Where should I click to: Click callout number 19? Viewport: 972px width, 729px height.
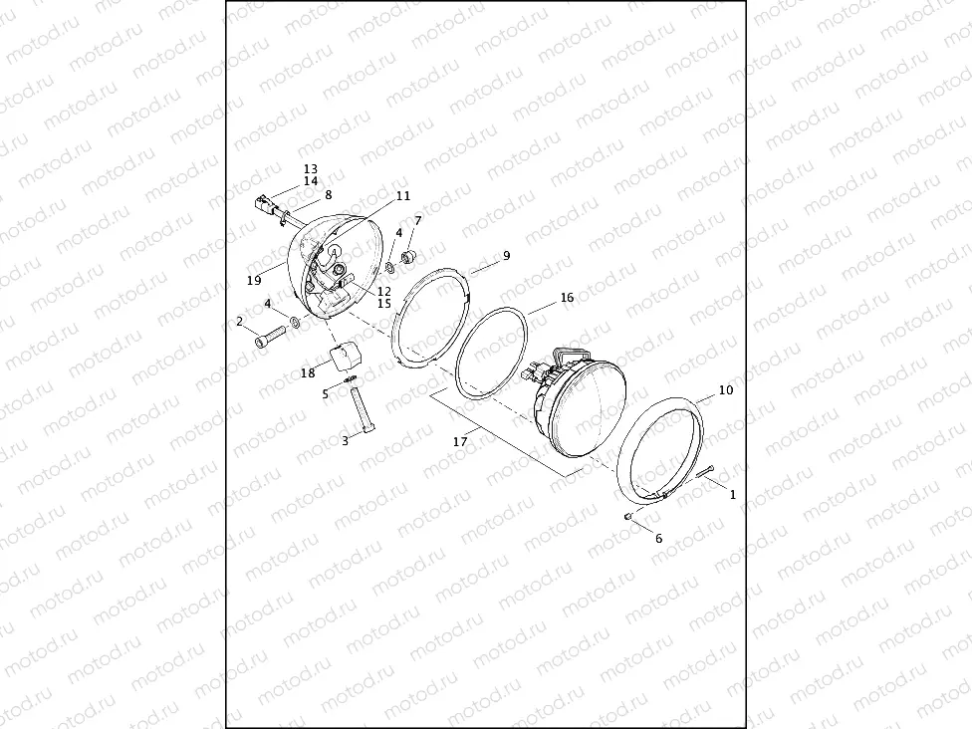click(254, 281)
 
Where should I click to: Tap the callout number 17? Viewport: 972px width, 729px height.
click(459, 442)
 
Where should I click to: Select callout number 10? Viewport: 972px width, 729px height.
click(726, 390)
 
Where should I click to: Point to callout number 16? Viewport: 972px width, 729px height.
click(567, 298)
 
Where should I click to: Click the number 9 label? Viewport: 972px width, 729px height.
click(507, 255)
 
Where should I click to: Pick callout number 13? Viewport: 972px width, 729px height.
click(311, 168)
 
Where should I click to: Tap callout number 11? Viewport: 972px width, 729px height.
click(403, 196)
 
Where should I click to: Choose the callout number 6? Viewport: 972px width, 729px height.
click(658, 539)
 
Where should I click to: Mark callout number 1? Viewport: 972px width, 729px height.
click(733, 495)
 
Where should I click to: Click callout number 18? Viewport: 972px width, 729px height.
click(308, 373)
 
